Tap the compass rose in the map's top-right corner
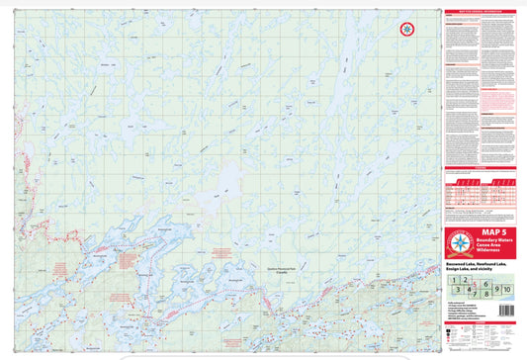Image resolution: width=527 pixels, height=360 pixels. click(406, 31)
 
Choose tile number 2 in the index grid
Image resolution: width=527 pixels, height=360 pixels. click(466, 281)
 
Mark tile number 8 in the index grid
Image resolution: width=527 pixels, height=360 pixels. click(486, 292)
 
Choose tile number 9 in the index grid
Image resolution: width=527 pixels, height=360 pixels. click(496, 288)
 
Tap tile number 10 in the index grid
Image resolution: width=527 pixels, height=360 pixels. click(507, 288)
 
